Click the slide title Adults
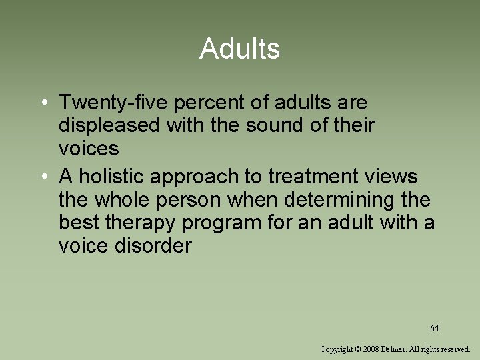239,49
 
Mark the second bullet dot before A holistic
42,177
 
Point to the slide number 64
434,328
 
